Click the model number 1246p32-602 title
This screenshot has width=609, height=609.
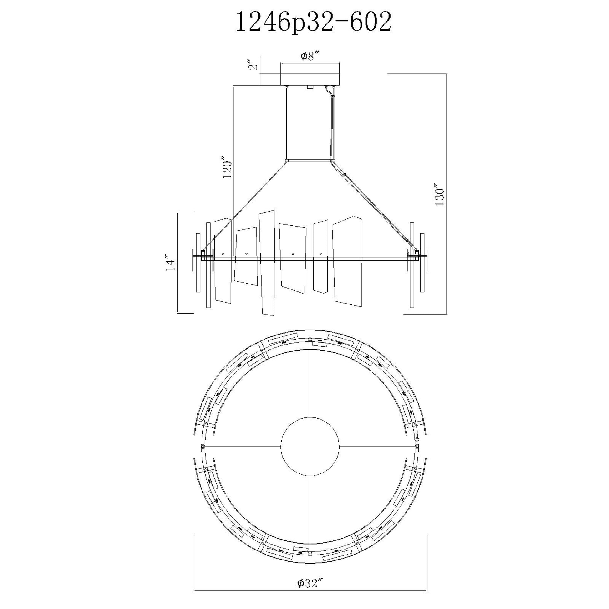tap(314, 21)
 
